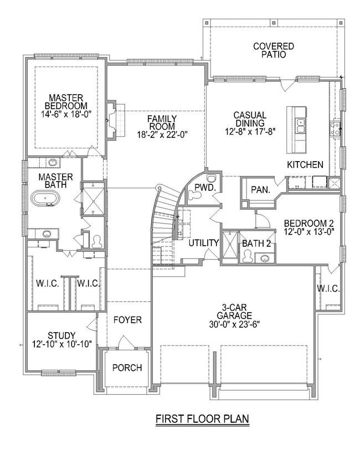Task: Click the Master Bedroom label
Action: (x=66, y=102)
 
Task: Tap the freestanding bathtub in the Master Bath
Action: (x=45, y=199)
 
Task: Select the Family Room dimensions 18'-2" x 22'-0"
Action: (x=162, y=135)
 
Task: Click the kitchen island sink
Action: (x=301, y=126)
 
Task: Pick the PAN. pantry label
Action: (x=261, y=190)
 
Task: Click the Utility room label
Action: (x=204, y=243)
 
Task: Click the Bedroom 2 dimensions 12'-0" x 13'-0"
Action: (x=308, y=231)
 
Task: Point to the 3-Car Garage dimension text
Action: (x=234, y=324)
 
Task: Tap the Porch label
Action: (x=127, y=368)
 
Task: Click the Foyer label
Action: (x=127, y=320)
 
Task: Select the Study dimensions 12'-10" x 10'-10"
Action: (x=61, y=344)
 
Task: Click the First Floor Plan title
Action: (x=202, y=418)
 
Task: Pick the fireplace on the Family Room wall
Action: (x=116, y=120)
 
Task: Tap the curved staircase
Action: (x=164, y=215)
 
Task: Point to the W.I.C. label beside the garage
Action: (x=328, y=288)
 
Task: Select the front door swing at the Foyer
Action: (x=126, y=343)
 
